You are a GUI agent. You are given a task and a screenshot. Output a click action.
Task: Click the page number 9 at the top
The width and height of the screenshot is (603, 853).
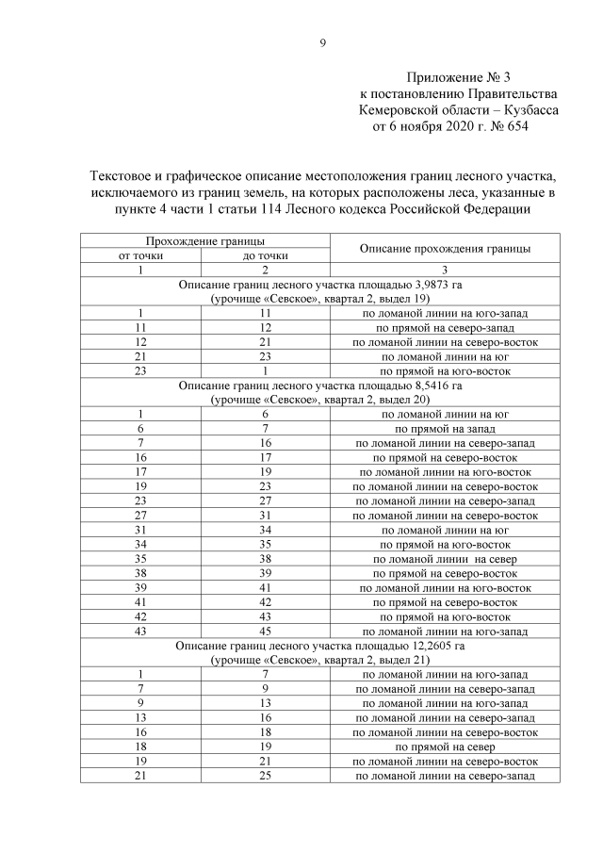[x=321, y=41]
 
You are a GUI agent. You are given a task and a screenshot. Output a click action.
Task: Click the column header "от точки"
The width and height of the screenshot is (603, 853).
[x=142, y=255]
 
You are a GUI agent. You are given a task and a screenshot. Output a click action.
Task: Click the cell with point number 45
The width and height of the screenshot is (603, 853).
[x=267, y=630]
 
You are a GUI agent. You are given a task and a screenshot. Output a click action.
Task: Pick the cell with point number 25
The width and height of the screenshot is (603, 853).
[x=267, y=775]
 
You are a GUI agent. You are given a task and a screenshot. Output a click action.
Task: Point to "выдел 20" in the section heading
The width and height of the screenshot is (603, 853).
[x=403, y=400]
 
